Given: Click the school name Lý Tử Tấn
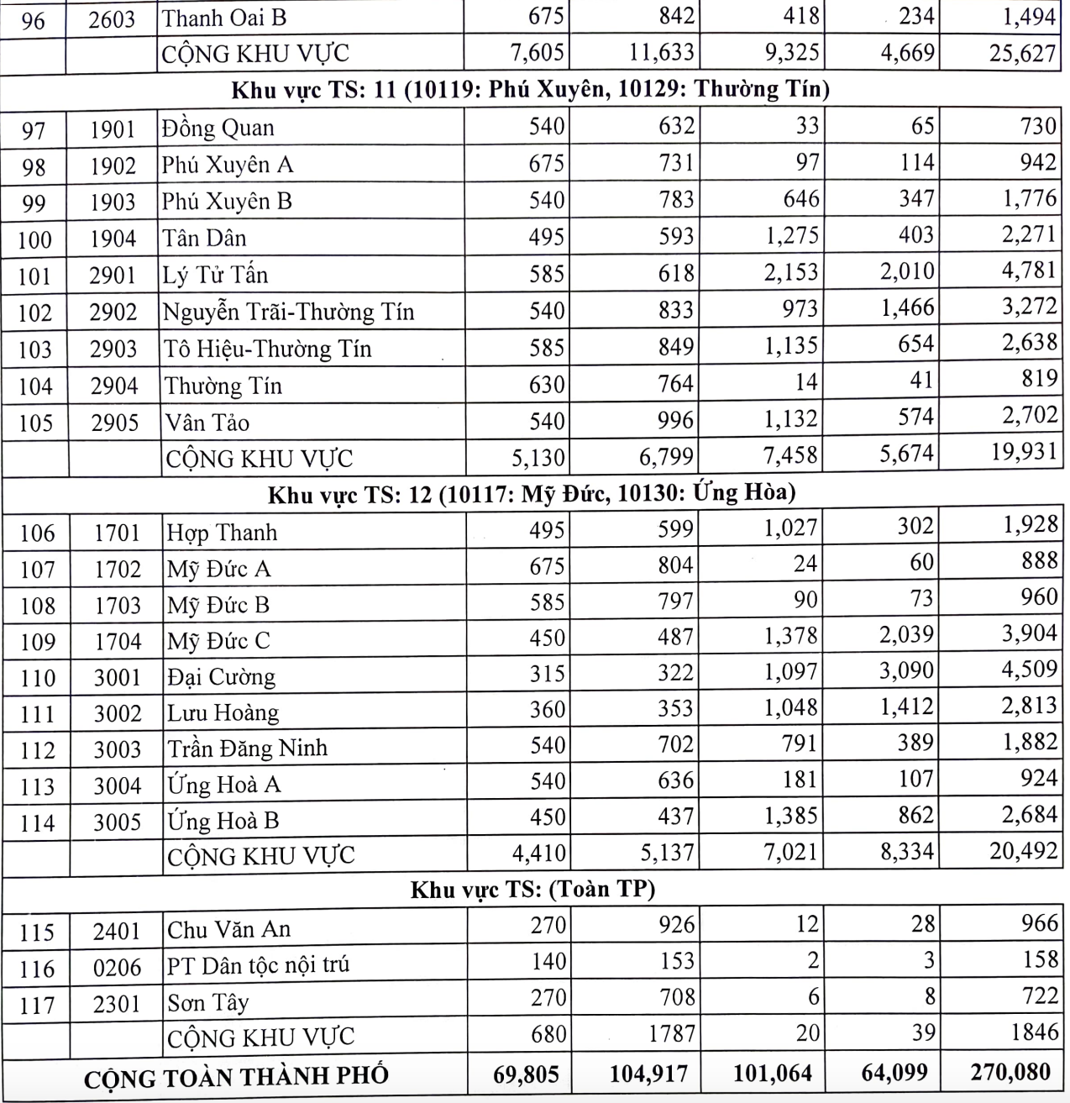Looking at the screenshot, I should pyautogui.click(x=215, y=275).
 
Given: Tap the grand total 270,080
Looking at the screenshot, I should pyautogui.click(x=1011, y=1072).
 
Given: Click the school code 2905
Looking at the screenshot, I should pyautogui.click(x=114, y=422).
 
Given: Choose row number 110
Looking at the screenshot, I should pyautogui.click(x=37, y=678).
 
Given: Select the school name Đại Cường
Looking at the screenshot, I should pyautogui.click(x=221, y=676).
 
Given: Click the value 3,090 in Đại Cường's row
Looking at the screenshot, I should pyautogui.click(x=906, y=671).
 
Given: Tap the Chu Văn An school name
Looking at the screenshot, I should pyautogui.click(x=228, y=929).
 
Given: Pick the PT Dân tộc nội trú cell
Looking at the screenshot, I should pyautogui.click(x=258, y=965).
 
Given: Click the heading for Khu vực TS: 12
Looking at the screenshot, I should pyautogui.click(x=532, y=494).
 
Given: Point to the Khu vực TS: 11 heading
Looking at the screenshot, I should pyautogui.click(x=531, y=90).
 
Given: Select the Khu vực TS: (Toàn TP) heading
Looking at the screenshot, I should pyautogui.click(x=532, y=889).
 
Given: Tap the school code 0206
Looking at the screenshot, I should pyautogui.click(x=117, y=969).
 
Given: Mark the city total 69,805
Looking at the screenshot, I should pyautogui.click(x=527, y=1074).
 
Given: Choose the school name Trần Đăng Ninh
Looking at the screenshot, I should pyautogui.click(x=247, y=748).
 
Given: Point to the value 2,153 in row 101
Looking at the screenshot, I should pyautogui.click(x=791, y=272).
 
